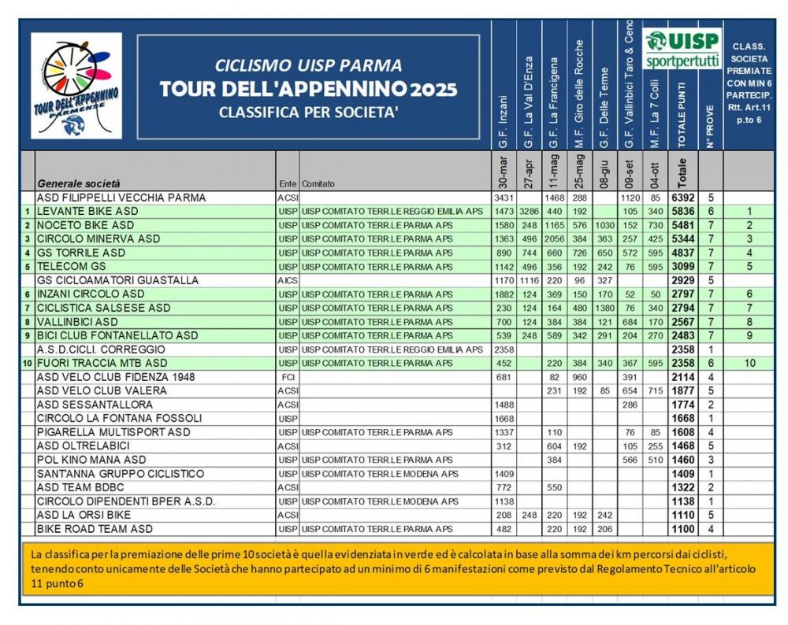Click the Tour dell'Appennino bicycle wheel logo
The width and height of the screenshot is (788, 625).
(x=76, y=85)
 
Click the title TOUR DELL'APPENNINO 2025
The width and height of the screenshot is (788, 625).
(x=308, y=88)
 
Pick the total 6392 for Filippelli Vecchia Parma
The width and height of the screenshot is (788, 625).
(x=682, y=198)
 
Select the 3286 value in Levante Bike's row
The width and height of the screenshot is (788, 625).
(x=528, y=212)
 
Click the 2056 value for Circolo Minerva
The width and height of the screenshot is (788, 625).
(x=554, y=239)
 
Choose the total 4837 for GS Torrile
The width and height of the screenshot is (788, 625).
(x=682, y=253)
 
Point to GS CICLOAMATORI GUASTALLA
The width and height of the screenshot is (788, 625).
(x=117, y=280)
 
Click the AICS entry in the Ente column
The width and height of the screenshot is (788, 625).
(x=287, y=280)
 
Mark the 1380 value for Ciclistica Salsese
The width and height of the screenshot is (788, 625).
(x=604, y=308)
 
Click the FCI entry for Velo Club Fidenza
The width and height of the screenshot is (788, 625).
(x=287, y=377)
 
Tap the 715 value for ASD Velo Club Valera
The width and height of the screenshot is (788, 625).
(x=654, y=390)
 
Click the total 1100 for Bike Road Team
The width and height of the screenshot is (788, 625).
(x=682, y=528)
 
